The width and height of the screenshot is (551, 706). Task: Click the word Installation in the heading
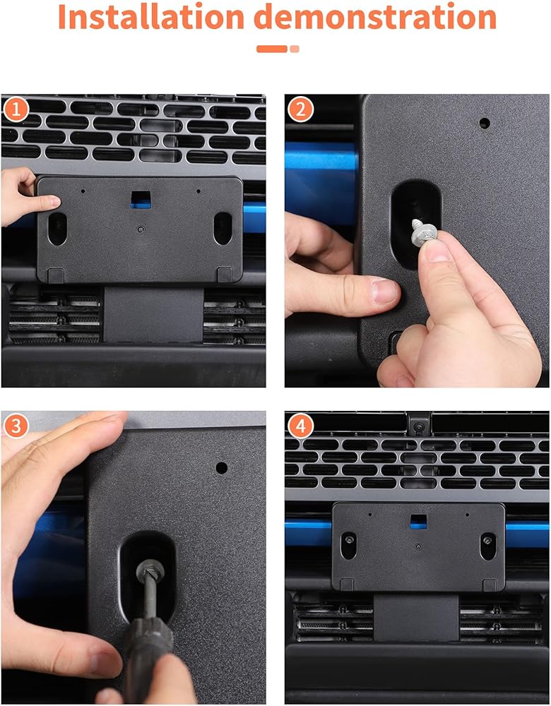point(151,17)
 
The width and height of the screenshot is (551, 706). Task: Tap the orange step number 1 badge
point(16,110)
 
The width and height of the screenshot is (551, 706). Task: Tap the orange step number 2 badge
point(300,109)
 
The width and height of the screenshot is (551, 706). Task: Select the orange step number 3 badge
point(16,426)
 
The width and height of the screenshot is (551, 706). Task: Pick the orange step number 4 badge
point(300,426)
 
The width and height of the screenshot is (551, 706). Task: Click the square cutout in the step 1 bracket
point(141,199)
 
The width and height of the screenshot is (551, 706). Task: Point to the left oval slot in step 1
point(57,229)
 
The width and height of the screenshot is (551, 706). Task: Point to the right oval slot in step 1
point(223,228)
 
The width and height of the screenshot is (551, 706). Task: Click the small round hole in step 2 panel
point(485,123)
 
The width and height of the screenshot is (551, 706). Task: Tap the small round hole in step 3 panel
point(221,467)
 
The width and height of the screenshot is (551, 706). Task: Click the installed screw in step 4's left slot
point(349,539)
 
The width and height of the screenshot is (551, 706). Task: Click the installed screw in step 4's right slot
point(487,539)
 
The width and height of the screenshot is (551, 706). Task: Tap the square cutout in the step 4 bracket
point(418,521)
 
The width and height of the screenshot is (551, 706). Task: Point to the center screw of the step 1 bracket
point(141,229)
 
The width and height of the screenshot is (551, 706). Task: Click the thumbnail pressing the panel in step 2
point(384,292)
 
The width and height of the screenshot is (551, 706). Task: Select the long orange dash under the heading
point(272,49)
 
